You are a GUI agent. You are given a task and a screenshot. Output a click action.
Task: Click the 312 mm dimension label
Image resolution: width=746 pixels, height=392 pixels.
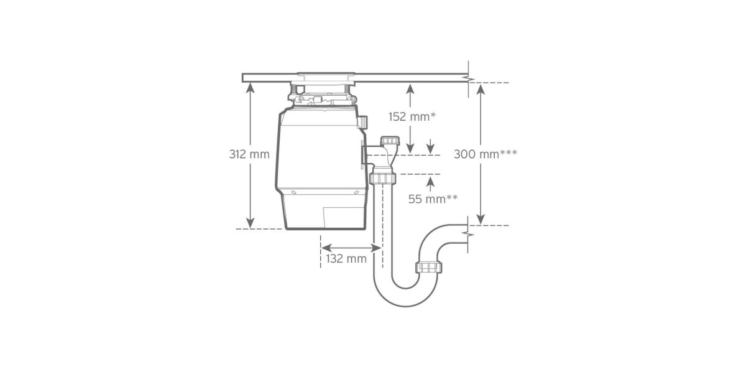coord(249,154)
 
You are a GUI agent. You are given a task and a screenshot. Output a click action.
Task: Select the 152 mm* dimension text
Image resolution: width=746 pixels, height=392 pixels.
coord(412,117)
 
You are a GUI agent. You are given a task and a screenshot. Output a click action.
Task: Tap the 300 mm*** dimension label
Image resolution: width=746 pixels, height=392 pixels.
coord(486,154)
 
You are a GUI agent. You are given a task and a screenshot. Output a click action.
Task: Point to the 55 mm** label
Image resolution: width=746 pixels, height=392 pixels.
coord(433,199)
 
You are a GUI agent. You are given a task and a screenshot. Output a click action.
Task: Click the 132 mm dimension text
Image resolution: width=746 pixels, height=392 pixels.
coord(346,259)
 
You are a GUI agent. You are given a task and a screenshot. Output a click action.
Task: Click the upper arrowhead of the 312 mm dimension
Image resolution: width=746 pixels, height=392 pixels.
coord(250,87)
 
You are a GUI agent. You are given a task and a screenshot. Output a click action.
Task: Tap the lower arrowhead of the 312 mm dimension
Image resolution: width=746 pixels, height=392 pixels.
coord(250,223)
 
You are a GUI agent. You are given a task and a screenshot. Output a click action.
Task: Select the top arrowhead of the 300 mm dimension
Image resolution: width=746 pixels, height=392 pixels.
coord(480,90)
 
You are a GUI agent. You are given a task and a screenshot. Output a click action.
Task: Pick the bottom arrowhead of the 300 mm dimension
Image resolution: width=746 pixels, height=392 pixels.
coord(480,219)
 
